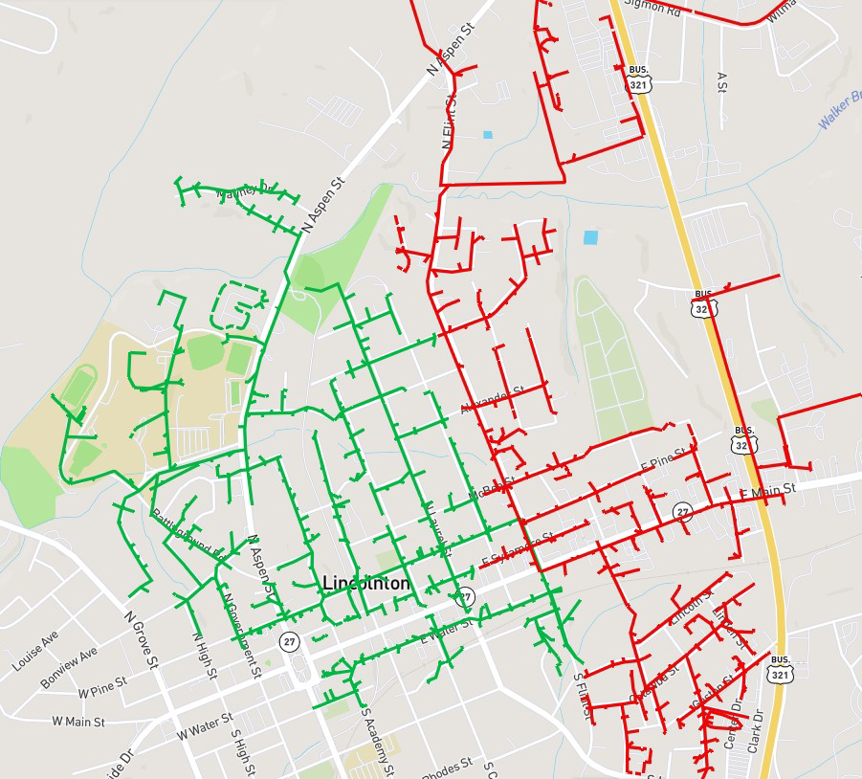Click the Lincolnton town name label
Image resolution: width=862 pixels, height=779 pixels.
coord(366,584)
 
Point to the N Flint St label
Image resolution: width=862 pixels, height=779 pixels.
coord(449,120)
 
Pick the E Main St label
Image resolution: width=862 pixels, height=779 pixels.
coord(768,491)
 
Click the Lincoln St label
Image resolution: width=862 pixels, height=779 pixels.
coord(692,608)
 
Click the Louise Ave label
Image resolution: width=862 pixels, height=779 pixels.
coord(35,650)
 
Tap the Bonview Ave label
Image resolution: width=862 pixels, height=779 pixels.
coord(69,667)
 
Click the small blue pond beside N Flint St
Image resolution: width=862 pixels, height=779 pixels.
coord(488,135)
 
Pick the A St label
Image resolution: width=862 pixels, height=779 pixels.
coord(721,82)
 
